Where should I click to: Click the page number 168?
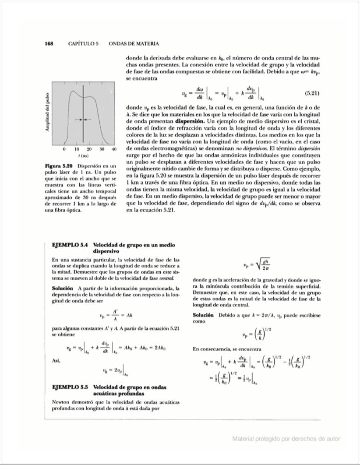coord(49,44)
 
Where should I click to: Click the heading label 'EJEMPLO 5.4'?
coord(71,245)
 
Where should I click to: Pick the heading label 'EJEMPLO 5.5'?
coord(71,387)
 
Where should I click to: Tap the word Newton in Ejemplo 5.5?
coord(62,402)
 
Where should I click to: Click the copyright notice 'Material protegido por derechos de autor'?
coord(286,439)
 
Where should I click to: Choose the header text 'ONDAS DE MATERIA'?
coord(134,44)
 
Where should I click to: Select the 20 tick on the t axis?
coord(89,150)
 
